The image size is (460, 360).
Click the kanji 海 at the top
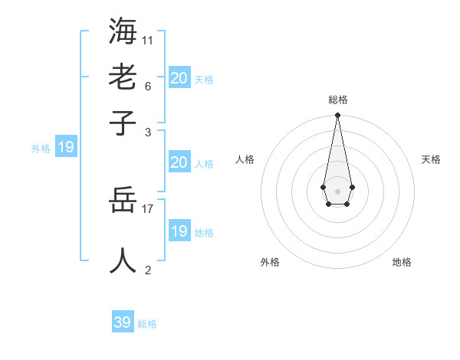click(x=123, y=32)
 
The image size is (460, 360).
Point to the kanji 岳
click(x=123, y=201)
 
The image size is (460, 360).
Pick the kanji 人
click(x=123, y=260)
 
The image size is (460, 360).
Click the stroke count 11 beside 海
click(x=148, y=40)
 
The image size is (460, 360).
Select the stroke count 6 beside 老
click(x=148, y=86)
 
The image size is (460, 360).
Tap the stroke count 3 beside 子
click(x=148, y=132)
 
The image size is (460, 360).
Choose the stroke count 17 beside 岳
click(x=148, y=208)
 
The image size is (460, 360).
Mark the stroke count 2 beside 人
click(x=148, y=270)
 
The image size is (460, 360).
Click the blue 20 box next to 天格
click(x=179, y=77)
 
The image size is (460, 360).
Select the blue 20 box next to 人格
click(x=179, y=162)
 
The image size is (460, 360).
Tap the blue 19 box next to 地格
click(x=179, y=231)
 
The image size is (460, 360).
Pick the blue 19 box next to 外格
click(x=66, y=147)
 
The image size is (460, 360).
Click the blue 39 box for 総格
click(x=123, y=322)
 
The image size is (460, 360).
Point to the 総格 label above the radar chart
click(x=338, y=100)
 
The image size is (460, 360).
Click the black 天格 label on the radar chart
click(x=431, y=159)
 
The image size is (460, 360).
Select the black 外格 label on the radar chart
click(x=270, y=262)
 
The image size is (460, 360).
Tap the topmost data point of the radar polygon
click(x=337, y=116)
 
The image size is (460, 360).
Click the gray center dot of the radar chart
click(x=337, y=190)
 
